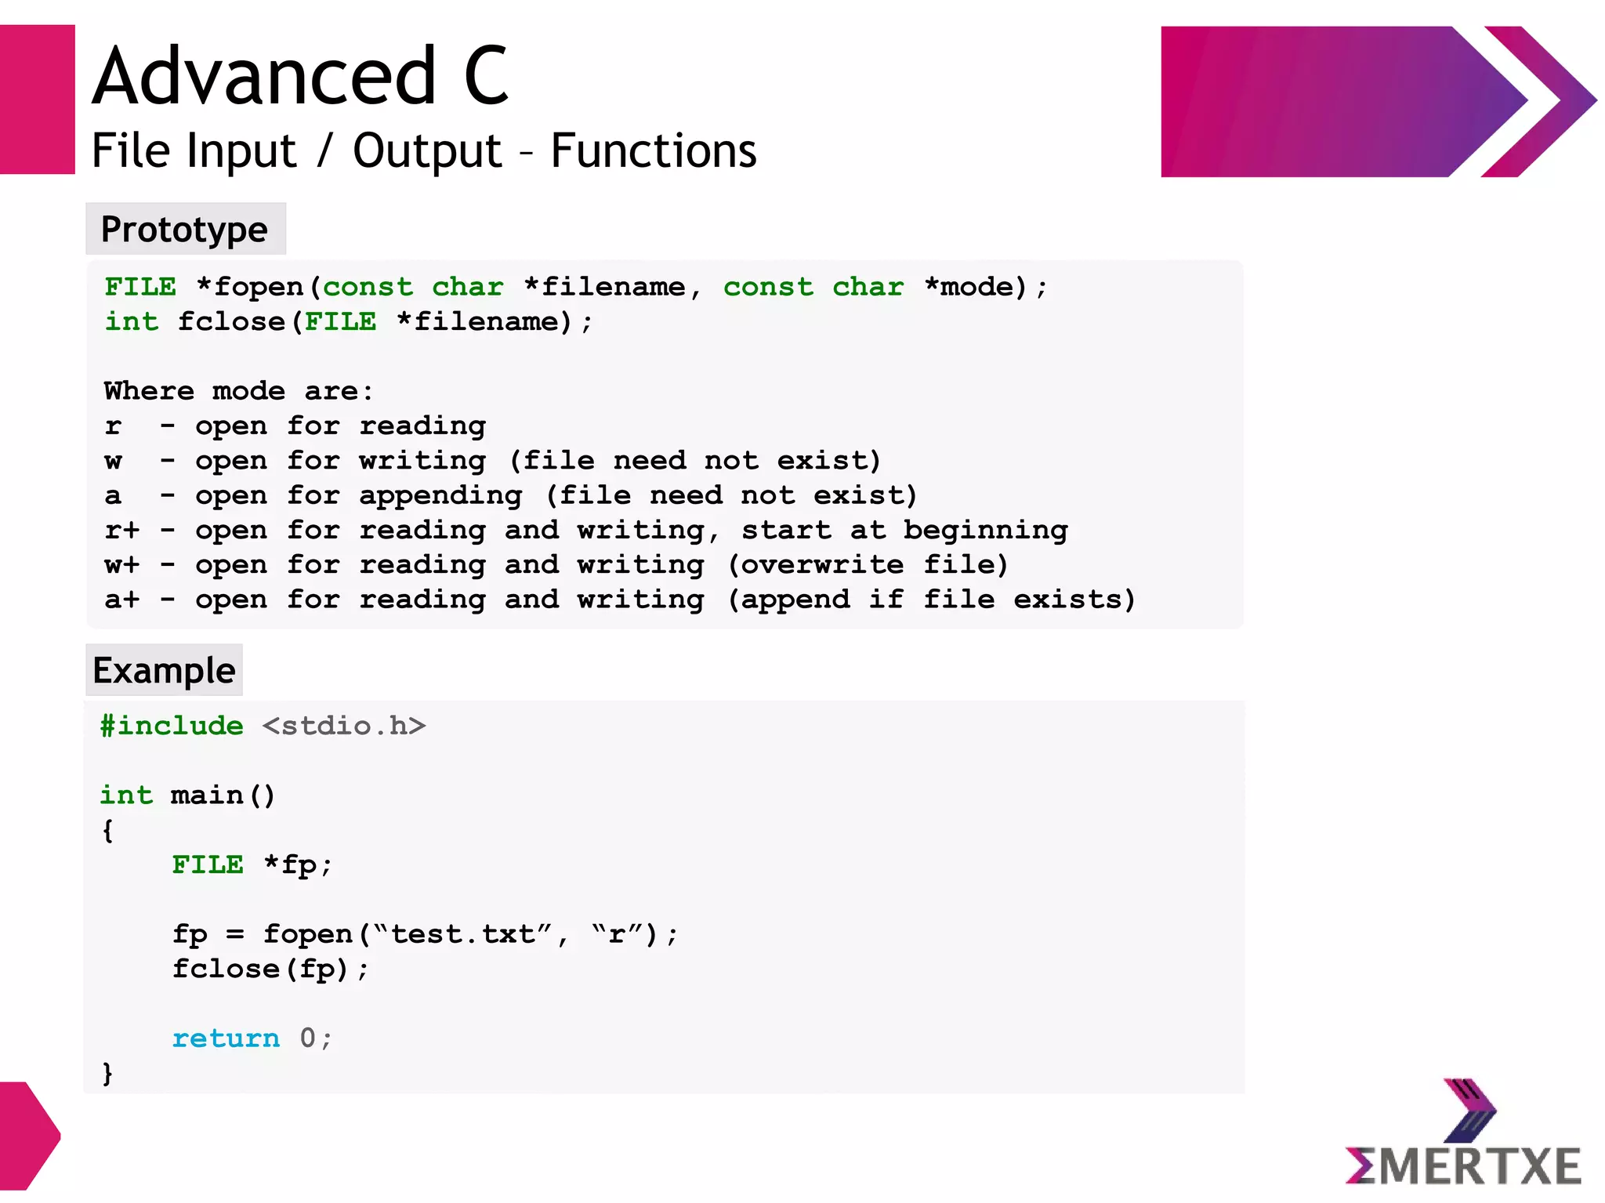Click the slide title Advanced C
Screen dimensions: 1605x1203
tap(301, 76)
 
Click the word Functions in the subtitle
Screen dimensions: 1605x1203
tap(653, 150)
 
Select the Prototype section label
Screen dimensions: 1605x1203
tap(185, 230)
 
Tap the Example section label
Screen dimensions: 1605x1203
tap(164, 671)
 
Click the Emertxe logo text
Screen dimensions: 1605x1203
tap(1464, 1166)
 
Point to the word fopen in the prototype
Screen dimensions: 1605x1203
tap(259, 288)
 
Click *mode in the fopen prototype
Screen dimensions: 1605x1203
tap(969, 288)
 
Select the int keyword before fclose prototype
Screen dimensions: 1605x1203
tap(132, 322)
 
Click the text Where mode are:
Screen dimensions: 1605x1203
tap(238, 391)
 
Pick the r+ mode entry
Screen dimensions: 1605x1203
tap(121, 531)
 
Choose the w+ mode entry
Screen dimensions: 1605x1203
tap(121, 565)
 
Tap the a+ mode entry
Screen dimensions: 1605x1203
tap(121, 600)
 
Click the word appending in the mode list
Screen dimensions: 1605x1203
tap(440, 496)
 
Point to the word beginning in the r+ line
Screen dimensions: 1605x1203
tap(985, 531)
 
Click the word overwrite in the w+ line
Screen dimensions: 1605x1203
tap(822, 565)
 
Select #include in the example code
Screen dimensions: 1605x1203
tap(172, 726)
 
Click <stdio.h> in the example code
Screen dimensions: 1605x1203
tap(344, 726)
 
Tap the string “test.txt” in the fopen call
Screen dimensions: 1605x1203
tap(463, 934)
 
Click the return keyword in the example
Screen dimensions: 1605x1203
tap(226, 1038)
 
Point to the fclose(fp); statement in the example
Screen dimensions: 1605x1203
tap(270, 969)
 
